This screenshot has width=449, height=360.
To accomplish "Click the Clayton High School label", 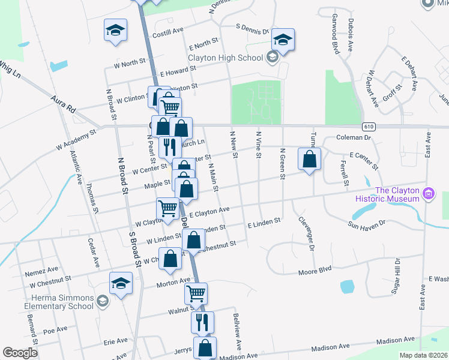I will (225, 58).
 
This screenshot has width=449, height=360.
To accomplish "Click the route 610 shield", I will (369, 127).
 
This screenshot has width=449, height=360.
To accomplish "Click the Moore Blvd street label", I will (316, 272).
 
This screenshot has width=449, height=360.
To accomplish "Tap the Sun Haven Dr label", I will (371, 225).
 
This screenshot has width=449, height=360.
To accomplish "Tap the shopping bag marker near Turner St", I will (309, 160).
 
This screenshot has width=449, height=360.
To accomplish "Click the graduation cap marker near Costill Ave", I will (115, 31).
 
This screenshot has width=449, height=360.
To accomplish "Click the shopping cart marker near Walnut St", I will (196, 294).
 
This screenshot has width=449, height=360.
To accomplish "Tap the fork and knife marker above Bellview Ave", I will (202, 322).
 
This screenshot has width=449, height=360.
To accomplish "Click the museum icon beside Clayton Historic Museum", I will (428, 194).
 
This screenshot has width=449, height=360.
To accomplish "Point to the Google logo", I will (20, 353).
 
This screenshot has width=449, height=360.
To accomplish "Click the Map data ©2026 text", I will (423, 355).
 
